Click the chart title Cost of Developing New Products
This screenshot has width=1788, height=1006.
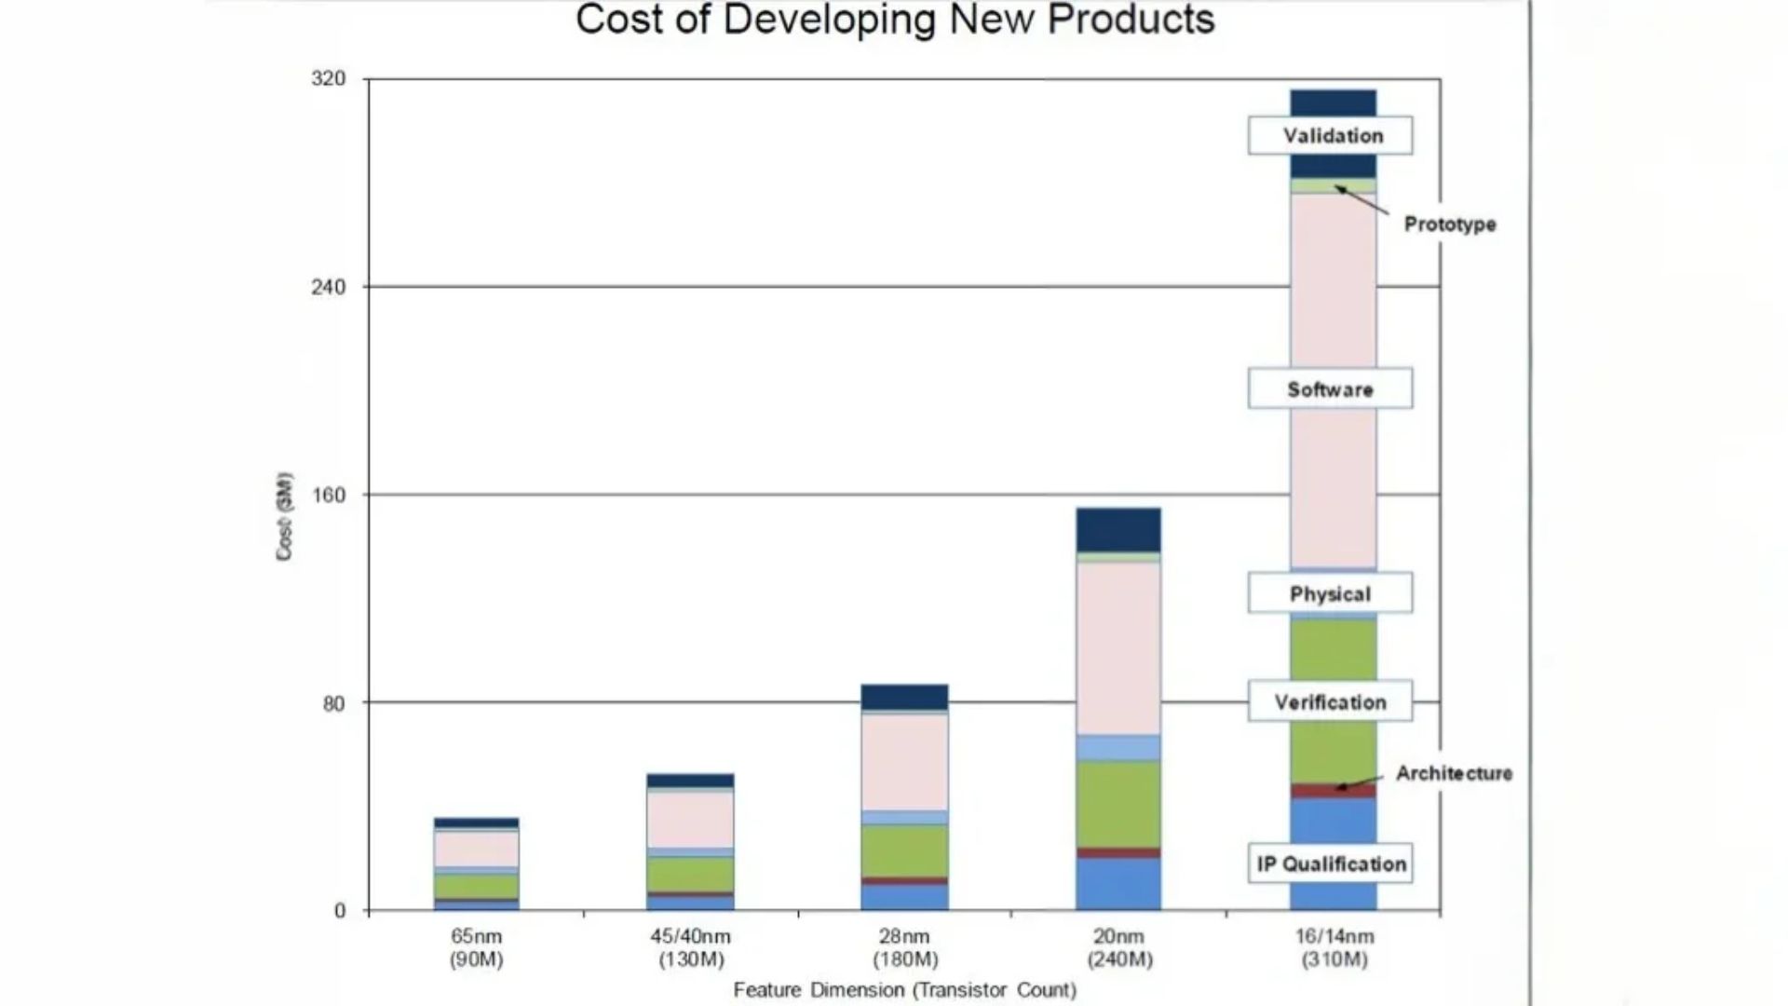tap(895, 20)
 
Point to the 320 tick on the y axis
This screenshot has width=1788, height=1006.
tap(328, 79)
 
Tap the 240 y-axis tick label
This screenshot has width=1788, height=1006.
tap(328, 287)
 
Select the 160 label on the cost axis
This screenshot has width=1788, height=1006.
tap(328, 495)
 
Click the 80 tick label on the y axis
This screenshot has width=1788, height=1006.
tap(333, 703)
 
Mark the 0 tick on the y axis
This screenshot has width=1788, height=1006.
tap(340, 911)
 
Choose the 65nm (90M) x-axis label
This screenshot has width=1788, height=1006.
tap(477, 948)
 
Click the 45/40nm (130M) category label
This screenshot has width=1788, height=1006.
tap(690, 948)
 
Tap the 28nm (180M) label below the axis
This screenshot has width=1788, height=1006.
tap(904, 948)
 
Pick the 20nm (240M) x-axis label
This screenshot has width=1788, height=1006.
tap(1119, 948)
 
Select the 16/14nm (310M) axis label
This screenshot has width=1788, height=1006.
tap(1334, 948)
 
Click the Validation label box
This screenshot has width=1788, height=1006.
tap(1331, 136)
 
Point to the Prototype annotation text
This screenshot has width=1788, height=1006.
tap(1450, 224)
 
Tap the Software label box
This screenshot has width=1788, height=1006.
tap(1331, 389)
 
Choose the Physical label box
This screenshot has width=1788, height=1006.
tap(1331, 593)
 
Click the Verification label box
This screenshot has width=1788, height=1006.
tap(1331, 702)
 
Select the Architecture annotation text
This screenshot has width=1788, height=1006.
tap(1454, 773)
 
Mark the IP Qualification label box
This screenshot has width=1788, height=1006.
tap(1331, 863)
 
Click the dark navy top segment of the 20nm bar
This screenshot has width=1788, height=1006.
tap(1118, 530)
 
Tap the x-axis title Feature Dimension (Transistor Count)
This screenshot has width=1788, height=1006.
tap(904, 990)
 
